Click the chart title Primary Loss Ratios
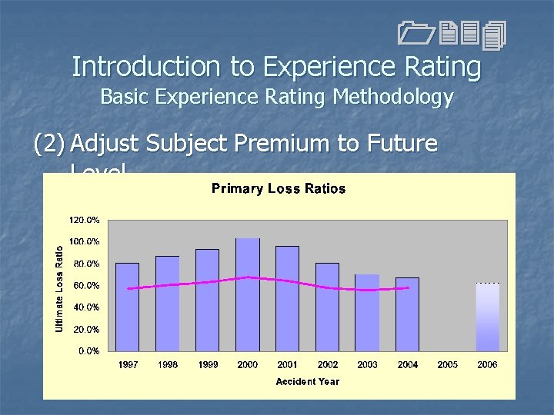coord(279,189)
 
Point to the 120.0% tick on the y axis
coord(84,220)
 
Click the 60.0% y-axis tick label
coord(85,286)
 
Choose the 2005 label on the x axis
coord(447,365)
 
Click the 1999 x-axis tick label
coord(208,365)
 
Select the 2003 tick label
coord(367,365)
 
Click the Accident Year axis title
coord(308,381)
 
